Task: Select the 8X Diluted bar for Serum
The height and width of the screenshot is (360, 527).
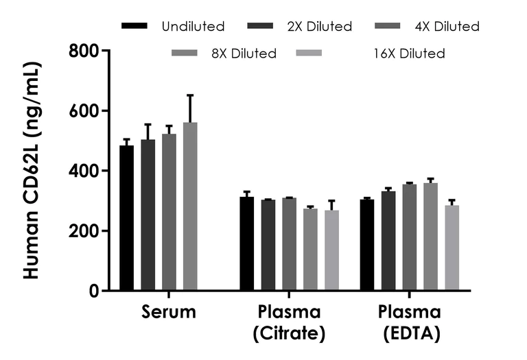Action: click(190, 206)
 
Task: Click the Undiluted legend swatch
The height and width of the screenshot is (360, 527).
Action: click(134, 26)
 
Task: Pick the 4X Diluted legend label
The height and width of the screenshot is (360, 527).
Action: click(447, 27)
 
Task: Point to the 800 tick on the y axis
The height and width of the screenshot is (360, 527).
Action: click(99, 51)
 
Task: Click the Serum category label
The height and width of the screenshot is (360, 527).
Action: click(169, 313)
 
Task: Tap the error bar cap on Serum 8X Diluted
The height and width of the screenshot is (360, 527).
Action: click(190, 95)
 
